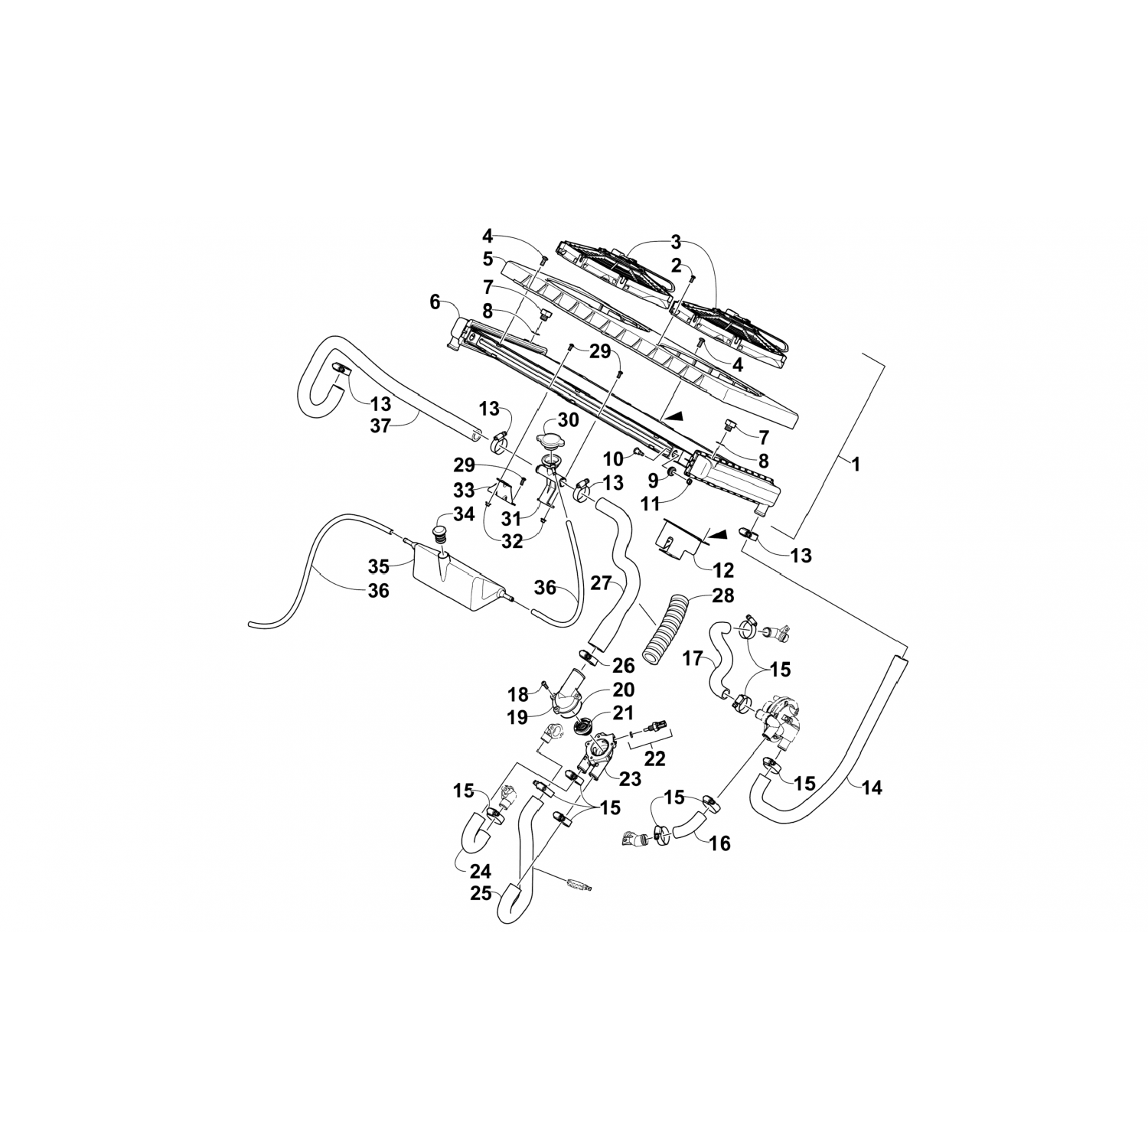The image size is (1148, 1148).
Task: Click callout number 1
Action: point(856,464)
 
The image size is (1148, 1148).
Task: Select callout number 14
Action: point(872,787)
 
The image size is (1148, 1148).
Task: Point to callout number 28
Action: point(723,595)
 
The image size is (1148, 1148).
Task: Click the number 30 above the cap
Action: point(568,420)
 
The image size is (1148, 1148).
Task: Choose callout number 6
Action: point(435,302)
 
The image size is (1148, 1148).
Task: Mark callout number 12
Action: point(723,570)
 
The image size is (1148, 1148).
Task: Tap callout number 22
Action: point(655,758)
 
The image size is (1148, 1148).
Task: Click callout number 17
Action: point(693,657)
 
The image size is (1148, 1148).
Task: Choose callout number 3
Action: point(675,243)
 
